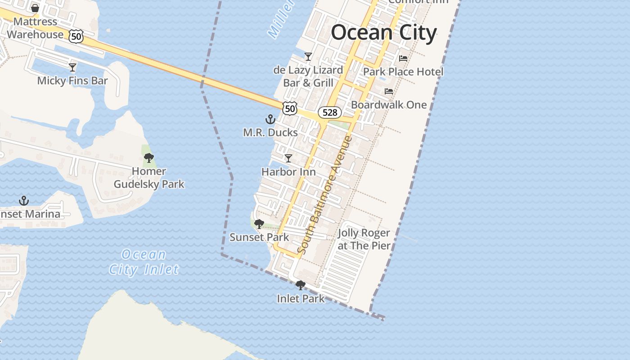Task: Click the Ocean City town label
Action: [384, 33]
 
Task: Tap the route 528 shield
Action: [330, 112]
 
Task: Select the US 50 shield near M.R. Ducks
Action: [290, 108]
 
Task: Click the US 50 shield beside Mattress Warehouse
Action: [76, 36]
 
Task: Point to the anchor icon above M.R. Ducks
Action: [270, 119]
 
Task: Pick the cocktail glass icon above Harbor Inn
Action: [288, 158]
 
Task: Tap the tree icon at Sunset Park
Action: [259, 224]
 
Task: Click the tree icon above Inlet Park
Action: [300, 285]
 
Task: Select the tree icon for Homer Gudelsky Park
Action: [149, 158]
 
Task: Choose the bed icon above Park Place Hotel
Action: [403, 58]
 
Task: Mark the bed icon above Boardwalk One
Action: [389, 91]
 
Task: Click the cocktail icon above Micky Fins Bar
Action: [72, 67]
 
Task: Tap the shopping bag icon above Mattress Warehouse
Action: [35, 8]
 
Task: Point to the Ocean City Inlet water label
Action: [144, 262]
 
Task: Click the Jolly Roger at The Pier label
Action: [364, 239]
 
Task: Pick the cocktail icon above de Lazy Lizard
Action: [308, 57]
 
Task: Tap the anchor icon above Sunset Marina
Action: [24, 201]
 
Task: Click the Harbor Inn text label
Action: [288, 172]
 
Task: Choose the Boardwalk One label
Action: [389, 105]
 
